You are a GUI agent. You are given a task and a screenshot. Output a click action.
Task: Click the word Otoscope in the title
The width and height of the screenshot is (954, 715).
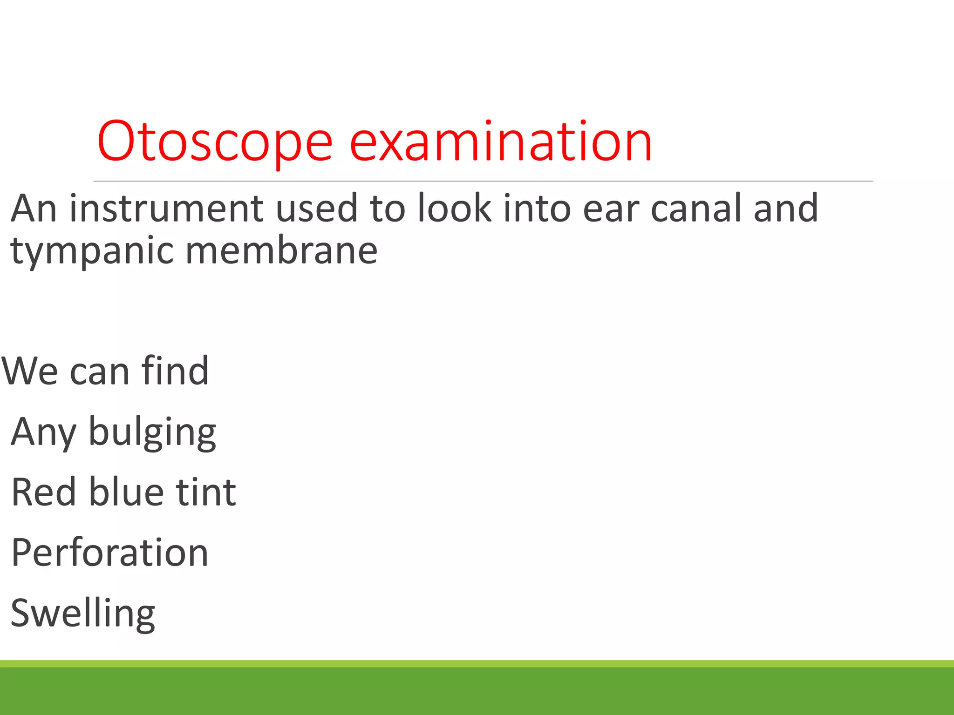coord(215,142)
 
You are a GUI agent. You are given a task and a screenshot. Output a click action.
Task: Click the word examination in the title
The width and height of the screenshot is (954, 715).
coord(500,142)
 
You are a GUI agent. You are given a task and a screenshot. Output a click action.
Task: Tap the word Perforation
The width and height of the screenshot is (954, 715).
coord(110,553)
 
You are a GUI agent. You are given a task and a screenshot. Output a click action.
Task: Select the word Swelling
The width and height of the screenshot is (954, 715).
coord(83,614)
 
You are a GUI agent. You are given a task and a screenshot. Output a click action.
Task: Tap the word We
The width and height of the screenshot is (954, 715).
coord(30,371)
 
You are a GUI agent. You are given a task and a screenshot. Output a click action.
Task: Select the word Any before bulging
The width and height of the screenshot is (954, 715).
coord(43,432)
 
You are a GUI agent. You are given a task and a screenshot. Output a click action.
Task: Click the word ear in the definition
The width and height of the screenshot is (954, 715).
coord(611,209)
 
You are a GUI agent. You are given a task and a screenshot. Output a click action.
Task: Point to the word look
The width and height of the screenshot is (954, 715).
coord(454,208)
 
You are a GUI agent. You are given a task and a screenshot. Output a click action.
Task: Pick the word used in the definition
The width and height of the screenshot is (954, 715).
coord(317,208)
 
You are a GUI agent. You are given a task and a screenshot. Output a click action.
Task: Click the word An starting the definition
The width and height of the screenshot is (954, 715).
coord(34,208)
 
